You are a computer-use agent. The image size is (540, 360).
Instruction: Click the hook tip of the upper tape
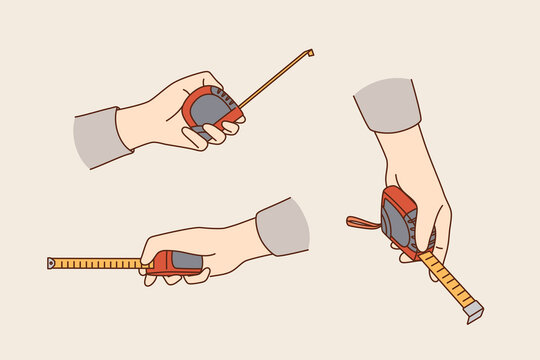coord(310,52)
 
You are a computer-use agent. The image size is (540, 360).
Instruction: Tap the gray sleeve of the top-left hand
coord(100,138)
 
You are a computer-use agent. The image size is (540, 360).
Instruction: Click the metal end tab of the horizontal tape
coord(51,264)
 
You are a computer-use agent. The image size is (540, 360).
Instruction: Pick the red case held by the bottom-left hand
coord(175,263)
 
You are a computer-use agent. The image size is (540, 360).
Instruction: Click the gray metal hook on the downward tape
coord(474,313)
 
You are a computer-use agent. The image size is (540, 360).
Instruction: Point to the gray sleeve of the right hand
coord(388,103)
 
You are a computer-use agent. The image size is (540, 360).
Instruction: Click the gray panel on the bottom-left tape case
coord(186,261)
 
